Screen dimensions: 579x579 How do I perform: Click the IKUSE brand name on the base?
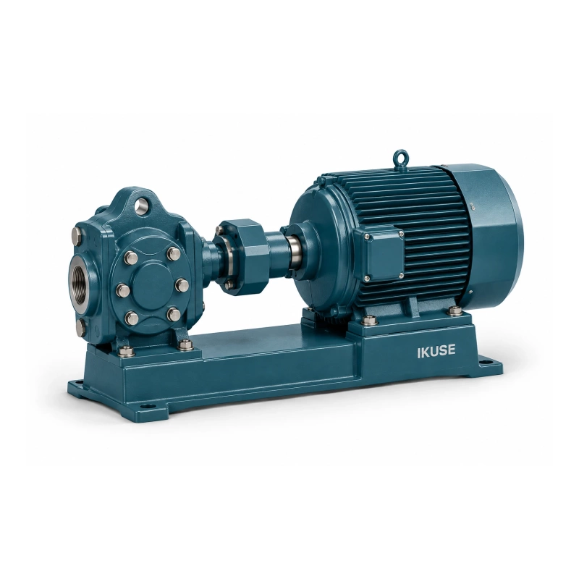tap(436, 351)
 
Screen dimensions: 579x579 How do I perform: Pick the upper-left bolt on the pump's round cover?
tap(131, 257)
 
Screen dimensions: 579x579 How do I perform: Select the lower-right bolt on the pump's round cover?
tap(172, 315)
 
